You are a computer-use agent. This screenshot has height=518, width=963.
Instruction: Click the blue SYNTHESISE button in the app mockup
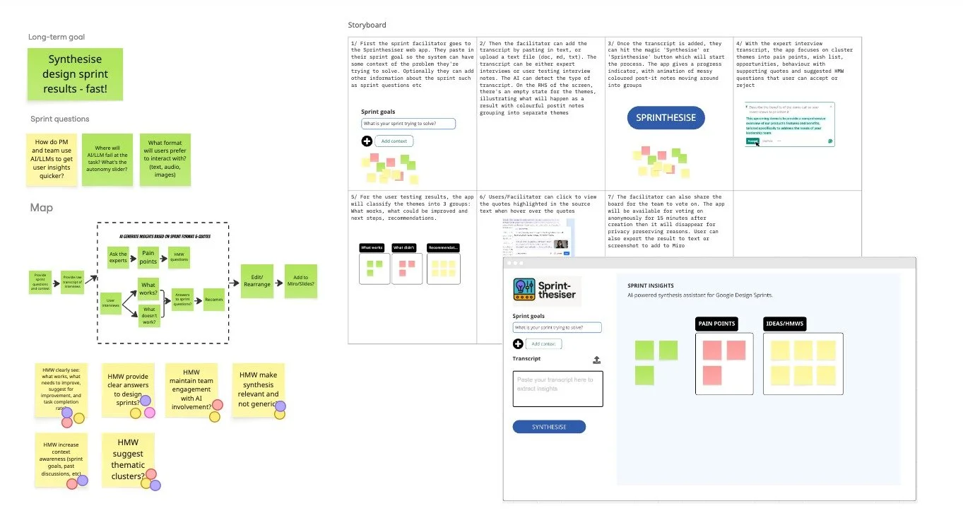pos(549,427)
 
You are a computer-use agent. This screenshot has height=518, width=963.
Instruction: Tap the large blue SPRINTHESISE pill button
pos(666,117)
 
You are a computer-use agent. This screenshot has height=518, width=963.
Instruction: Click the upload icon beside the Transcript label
pos(597,360)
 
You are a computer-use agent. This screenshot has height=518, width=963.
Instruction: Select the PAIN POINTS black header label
pos(717,324)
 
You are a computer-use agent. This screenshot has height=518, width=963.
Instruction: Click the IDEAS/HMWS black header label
pos(785,324)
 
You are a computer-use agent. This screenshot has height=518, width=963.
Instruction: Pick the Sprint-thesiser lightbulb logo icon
pos(524,290)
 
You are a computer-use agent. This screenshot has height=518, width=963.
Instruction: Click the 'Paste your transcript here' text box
pos(557,389)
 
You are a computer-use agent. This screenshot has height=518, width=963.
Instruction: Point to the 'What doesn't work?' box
pos(149,315)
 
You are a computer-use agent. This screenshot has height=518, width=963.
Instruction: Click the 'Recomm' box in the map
pos(213,300)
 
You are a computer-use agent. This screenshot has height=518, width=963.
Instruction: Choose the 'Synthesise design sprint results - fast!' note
pos(75,74)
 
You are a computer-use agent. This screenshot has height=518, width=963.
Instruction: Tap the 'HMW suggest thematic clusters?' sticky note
pos(128,459)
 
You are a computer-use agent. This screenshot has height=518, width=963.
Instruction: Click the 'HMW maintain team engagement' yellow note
pos(191,389)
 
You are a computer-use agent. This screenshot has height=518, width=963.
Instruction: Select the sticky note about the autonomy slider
pos(107,160)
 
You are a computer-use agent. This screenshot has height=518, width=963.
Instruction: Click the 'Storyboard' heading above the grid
pos(367,25)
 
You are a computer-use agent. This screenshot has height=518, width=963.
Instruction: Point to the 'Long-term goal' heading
pos(57,37)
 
